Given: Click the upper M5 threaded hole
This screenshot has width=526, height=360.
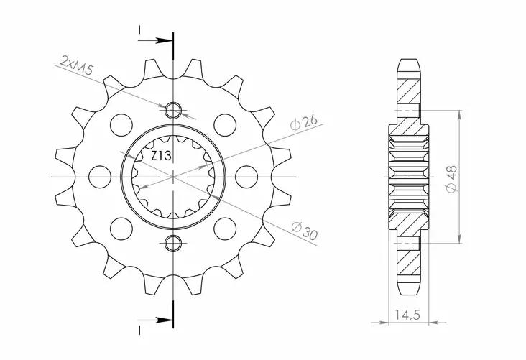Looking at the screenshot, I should pos(172,110).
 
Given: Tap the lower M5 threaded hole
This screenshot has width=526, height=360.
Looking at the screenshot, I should pos(172,242).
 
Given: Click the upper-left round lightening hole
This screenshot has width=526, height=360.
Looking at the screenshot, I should pos(119,124).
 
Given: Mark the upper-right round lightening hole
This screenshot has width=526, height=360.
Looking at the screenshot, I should pos(226,124).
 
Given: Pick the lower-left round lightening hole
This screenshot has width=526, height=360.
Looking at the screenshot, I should pos(119,229).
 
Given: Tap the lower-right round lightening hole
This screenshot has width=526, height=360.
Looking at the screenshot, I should pos(226,229).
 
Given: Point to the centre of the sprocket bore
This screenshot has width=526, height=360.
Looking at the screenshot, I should pos(172,176).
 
